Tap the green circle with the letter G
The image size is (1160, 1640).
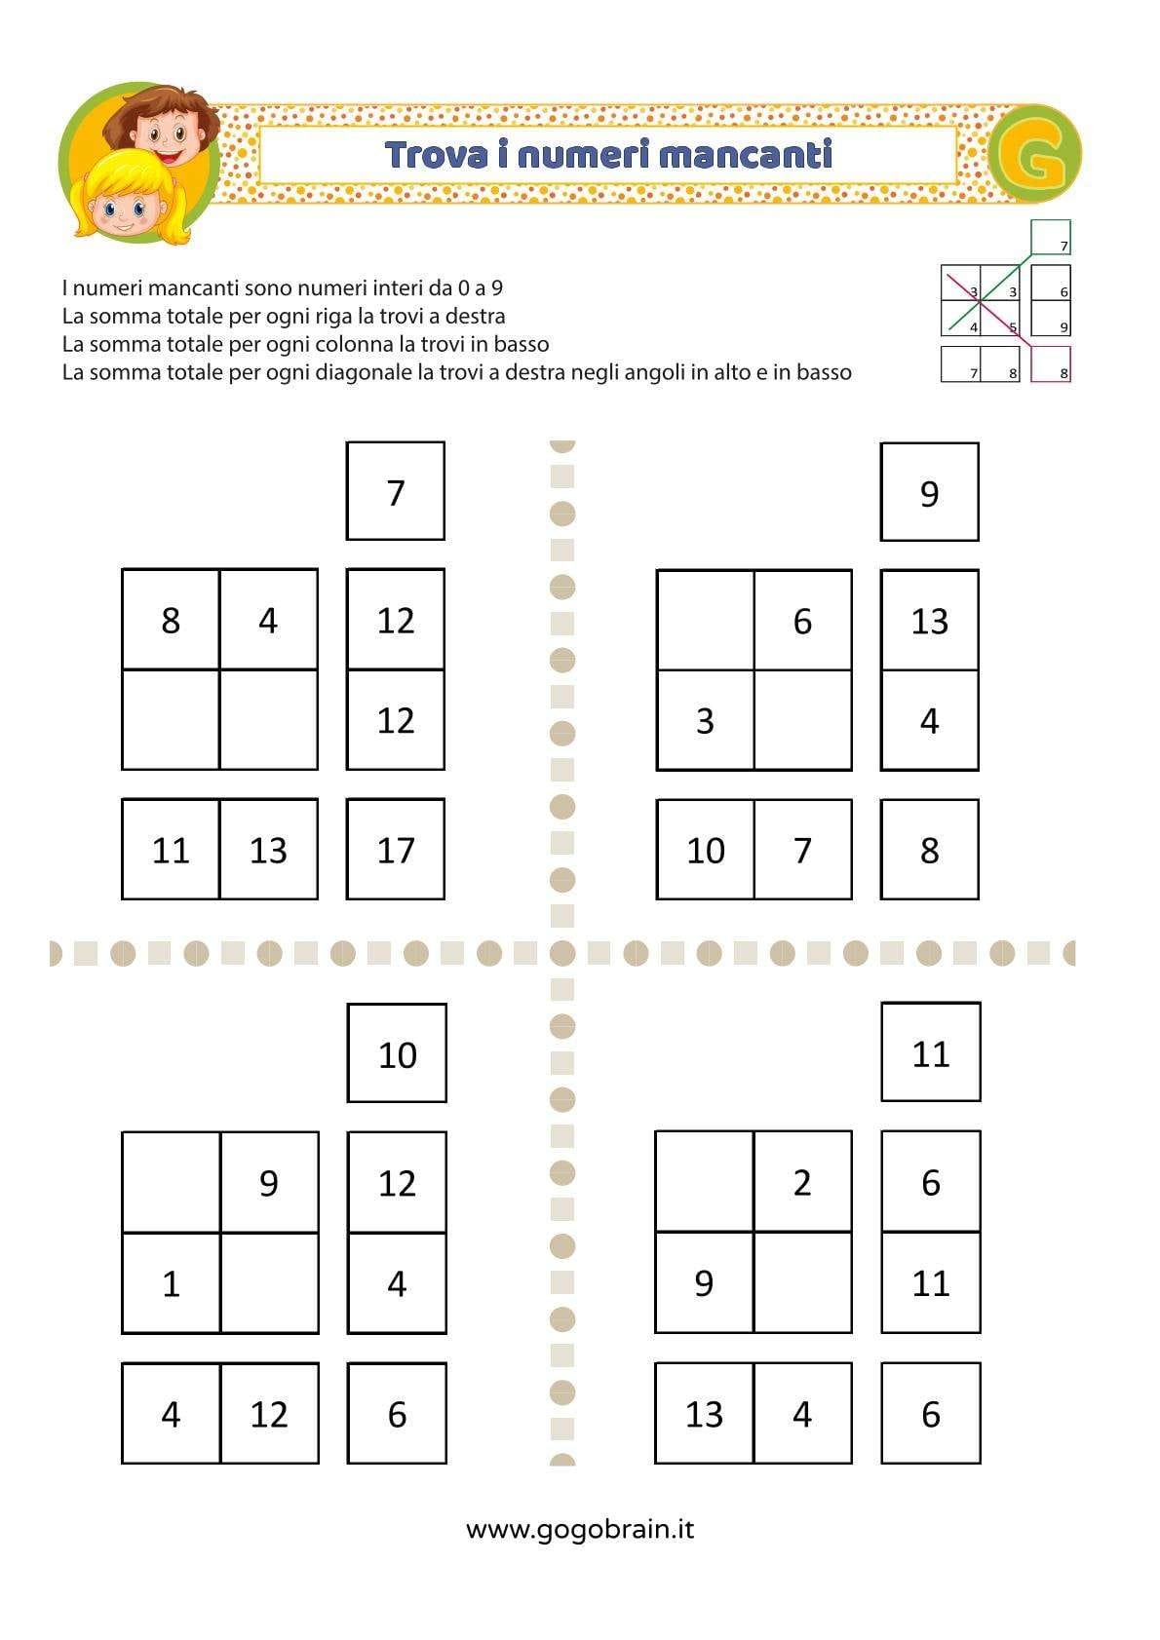click(x=1034, y=155)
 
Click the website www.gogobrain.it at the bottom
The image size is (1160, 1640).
click(x=580, y=1529)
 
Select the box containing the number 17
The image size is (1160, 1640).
click(x=396, y=850)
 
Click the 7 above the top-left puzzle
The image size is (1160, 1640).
click(x=396, y=492)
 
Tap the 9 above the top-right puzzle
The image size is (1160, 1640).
click(x=929, y=493)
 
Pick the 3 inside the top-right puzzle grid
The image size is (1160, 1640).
click(x=705, y=721)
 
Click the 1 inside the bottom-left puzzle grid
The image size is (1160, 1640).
click(x=172, y=1283)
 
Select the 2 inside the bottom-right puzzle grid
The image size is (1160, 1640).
click(x=802, y=1182)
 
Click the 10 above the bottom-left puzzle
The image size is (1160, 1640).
click(x=397, y=1054)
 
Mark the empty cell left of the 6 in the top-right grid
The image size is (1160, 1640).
click(x=706, y=621)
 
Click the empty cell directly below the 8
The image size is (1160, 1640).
click(x=171, y=720)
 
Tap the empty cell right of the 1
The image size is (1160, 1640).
click(x=270, y=1283)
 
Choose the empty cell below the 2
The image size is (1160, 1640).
click(x=802, y=1282)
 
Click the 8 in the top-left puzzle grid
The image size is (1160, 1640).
click(x=171, y=620)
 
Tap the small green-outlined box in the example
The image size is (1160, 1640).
click(x=1051, y=237)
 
